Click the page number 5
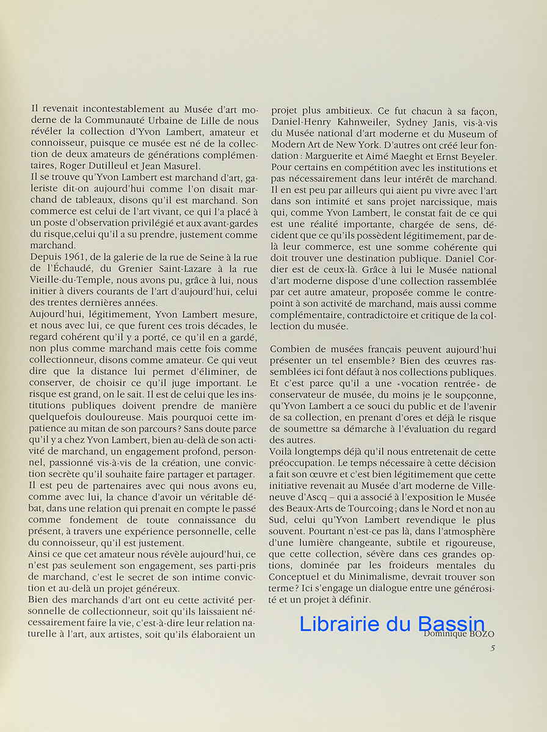tap(492, 648)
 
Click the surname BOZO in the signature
tap(480, 634)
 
